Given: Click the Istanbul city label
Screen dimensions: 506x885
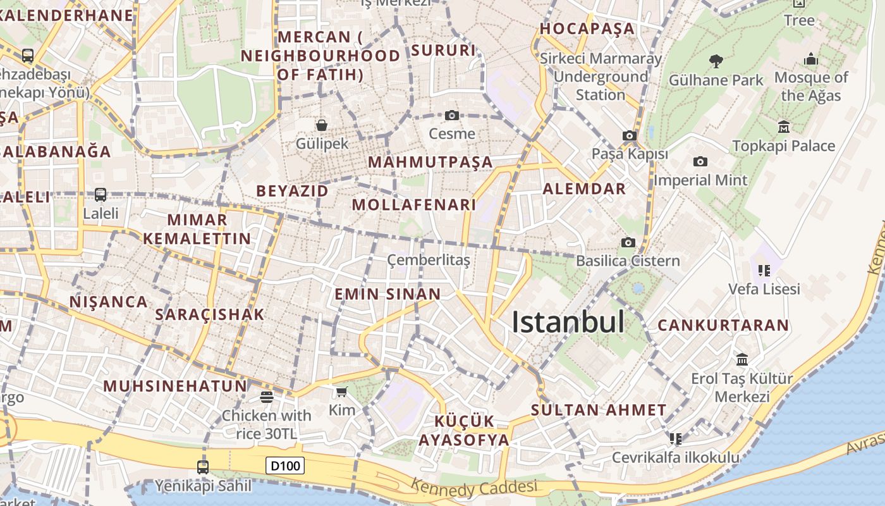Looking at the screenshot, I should click(x=568, y=322).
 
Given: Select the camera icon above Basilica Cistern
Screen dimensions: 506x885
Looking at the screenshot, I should click(x=628, y=242).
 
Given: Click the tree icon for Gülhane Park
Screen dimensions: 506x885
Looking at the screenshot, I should click(x=716, y=61).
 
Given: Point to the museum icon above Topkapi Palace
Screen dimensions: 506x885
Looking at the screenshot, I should click(x=784, y=127).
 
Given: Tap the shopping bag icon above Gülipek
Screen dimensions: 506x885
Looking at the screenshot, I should click(x=322, y=125).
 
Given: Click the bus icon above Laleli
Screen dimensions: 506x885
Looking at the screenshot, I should click(x=101, y=194).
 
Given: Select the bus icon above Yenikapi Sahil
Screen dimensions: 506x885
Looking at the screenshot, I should click(x=202, y=467).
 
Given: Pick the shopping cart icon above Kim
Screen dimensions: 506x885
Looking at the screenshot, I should click(x=342, y=392).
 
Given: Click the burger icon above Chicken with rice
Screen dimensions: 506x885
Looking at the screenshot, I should click(x=266, y=397).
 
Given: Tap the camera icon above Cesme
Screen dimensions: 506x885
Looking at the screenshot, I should click(x=451, y=115).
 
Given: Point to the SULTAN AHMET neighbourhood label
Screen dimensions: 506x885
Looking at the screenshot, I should click(x=599, y=410).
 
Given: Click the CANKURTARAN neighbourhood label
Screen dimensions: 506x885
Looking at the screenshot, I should click(x=723, y=325).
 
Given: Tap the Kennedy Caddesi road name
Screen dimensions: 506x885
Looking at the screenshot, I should click(x=474, y=488).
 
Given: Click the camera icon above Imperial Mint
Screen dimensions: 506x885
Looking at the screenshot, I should click(x=700, y=161).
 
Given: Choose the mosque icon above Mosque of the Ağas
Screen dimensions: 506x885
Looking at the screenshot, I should click(x=811, y=59).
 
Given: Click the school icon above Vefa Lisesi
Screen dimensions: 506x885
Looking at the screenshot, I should click(x=764, y=271).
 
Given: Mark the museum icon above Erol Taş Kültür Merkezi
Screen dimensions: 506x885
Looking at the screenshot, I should click(x=742, y=360).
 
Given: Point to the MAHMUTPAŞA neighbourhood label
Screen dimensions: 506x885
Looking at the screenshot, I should click(x=430, y=162).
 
